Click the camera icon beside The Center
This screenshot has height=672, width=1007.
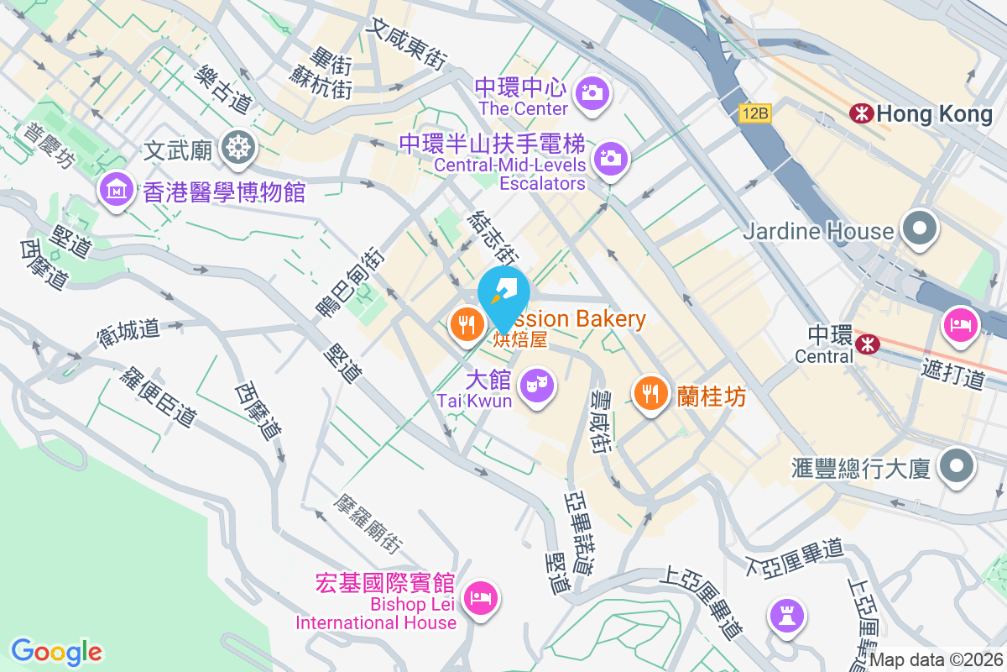click(592, 92)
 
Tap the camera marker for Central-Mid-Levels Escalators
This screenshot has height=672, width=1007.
click(610, 158)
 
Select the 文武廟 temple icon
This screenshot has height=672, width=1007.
click(238, 149)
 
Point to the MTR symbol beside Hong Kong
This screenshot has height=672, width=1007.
click(861, 113)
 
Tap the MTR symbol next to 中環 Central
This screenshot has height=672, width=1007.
click(868, 342)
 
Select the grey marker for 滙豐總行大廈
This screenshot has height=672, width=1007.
click(956, 465)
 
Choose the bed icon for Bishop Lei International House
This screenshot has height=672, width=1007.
click(480, 598)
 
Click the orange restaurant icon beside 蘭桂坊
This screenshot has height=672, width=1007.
click(650, 391)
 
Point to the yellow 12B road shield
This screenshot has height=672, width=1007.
click(755, 113)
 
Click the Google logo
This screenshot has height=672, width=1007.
click(56, 651)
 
